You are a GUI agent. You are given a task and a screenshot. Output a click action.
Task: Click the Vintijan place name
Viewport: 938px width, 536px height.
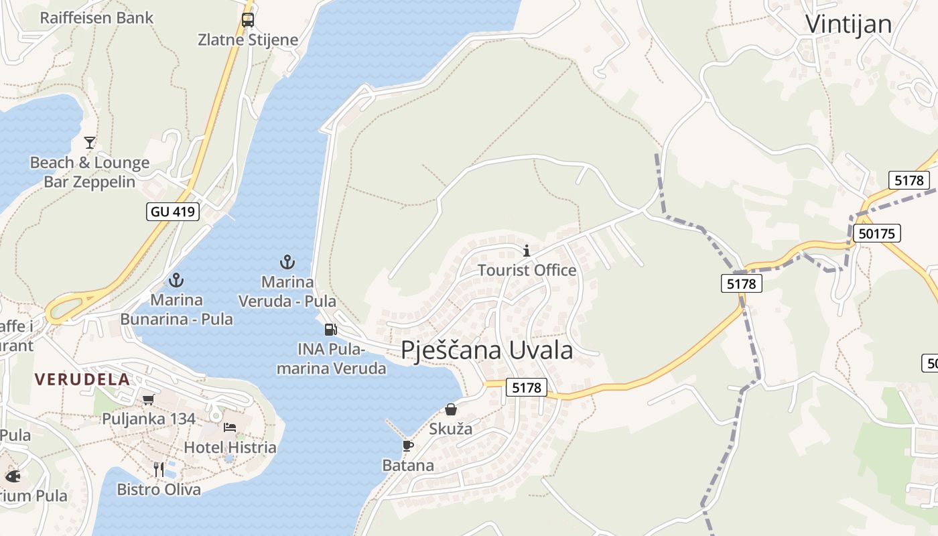click(848, 24)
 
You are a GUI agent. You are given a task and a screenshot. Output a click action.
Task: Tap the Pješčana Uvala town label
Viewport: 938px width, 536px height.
click(487, 350)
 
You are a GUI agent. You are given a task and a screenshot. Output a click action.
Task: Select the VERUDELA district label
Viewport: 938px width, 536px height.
click(82, 379)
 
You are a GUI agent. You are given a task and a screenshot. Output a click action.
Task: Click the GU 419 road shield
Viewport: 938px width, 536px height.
click(173, 212)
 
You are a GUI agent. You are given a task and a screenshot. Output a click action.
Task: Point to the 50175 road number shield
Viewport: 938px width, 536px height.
click(876, 233)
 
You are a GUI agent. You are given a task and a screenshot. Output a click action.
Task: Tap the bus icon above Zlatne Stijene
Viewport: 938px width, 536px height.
click(248, 19)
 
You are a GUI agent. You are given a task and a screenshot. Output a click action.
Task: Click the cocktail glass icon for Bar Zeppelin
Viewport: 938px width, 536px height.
click(90, 142)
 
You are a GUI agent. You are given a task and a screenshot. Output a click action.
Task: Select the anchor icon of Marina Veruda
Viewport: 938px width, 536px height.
click(287, 262)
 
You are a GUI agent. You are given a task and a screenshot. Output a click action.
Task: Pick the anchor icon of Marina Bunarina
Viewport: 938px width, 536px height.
click(176, 280)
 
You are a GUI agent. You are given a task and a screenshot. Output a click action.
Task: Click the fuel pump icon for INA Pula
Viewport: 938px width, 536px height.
click(330, 329)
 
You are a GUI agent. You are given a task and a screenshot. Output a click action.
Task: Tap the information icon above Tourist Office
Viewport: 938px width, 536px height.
click(527, 251)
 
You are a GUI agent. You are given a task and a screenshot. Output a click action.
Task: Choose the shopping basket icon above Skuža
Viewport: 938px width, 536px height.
click(451, 409)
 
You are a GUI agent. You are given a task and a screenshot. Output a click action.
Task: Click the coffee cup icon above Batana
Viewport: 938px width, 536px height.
click(407, 446)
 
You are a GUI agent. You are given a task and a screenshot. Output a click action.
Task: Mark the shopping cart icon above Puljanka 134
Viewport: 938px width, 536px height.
click(148, 400)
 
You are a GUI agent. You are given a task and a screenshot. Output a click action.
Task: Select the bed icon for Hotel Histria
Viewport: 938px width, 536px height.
click(230, 427)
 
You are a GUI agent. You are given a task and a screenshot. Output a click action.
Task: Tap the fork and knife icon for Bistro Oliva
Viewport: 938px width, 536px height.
click(159, 469)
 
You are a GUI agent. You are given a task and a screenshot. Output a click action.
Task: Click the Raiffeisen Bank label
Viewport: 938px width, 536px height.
click(96, 17)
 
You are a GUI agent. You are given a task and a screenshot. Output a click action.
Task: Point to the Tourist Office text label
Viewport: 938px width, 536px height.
click(527, 270)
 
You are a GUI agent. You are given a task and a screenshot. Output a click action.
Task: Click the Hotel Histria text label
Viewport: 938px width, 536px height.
click(230, 447)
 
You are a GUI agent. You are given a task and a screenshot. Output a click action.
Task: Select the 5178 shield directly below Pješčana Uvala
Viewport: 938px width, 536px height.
click(526, 387)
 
